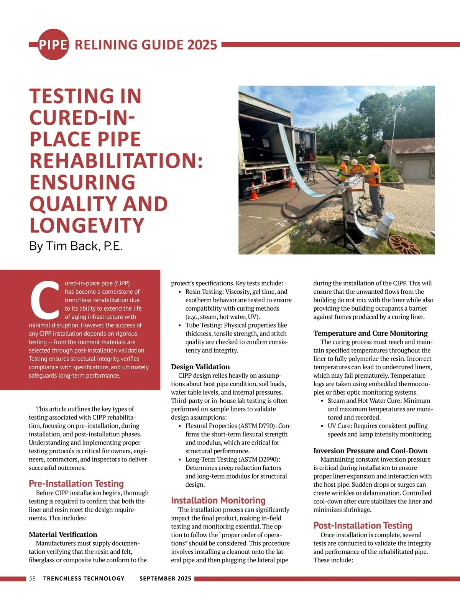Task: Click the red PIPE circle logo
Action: pyautogui.click(x=53, y=44)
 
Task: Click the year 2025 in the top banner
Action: pyautogui.click(x=202, y=45)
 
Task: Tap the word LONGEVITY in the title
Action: pyautogui.click(x=87, y=225)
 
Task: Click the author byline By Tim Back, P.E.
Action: pyautogui.click(x=76, y=246)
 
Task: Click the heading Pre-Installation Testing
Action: pyautogui.click(x=76, y=483)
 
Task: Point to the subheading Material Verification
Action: pyautogui.click(x=63, y=534)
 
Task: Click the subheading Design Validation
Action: pyautogui.click(x=200, y=367)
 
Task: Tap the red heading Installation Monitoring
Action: pyautogui.click(x=218, y=500)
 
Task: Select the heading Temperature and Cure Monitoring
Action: pyautogui.click(x=370, y=333)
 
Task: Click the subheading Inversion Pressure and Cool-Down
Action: pyautogui.click(x=370, y=451)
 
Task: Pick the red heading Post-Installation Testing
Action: pyautogui.click(x=363, y=525)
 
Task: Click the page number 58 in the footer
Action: pyautogui.click(x=32, y=578)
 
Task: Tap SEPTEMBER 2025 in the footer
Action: pyautogui.click(x=165, y=578)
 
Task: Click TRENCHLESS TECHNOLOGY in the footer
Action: pyautogui.click(x=84, y=578)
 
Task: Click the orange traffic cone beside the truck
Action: pyautogui.click(x=254, y=191)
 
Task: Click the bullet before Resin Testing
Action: pyautogui.click(x=180, y=292)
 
